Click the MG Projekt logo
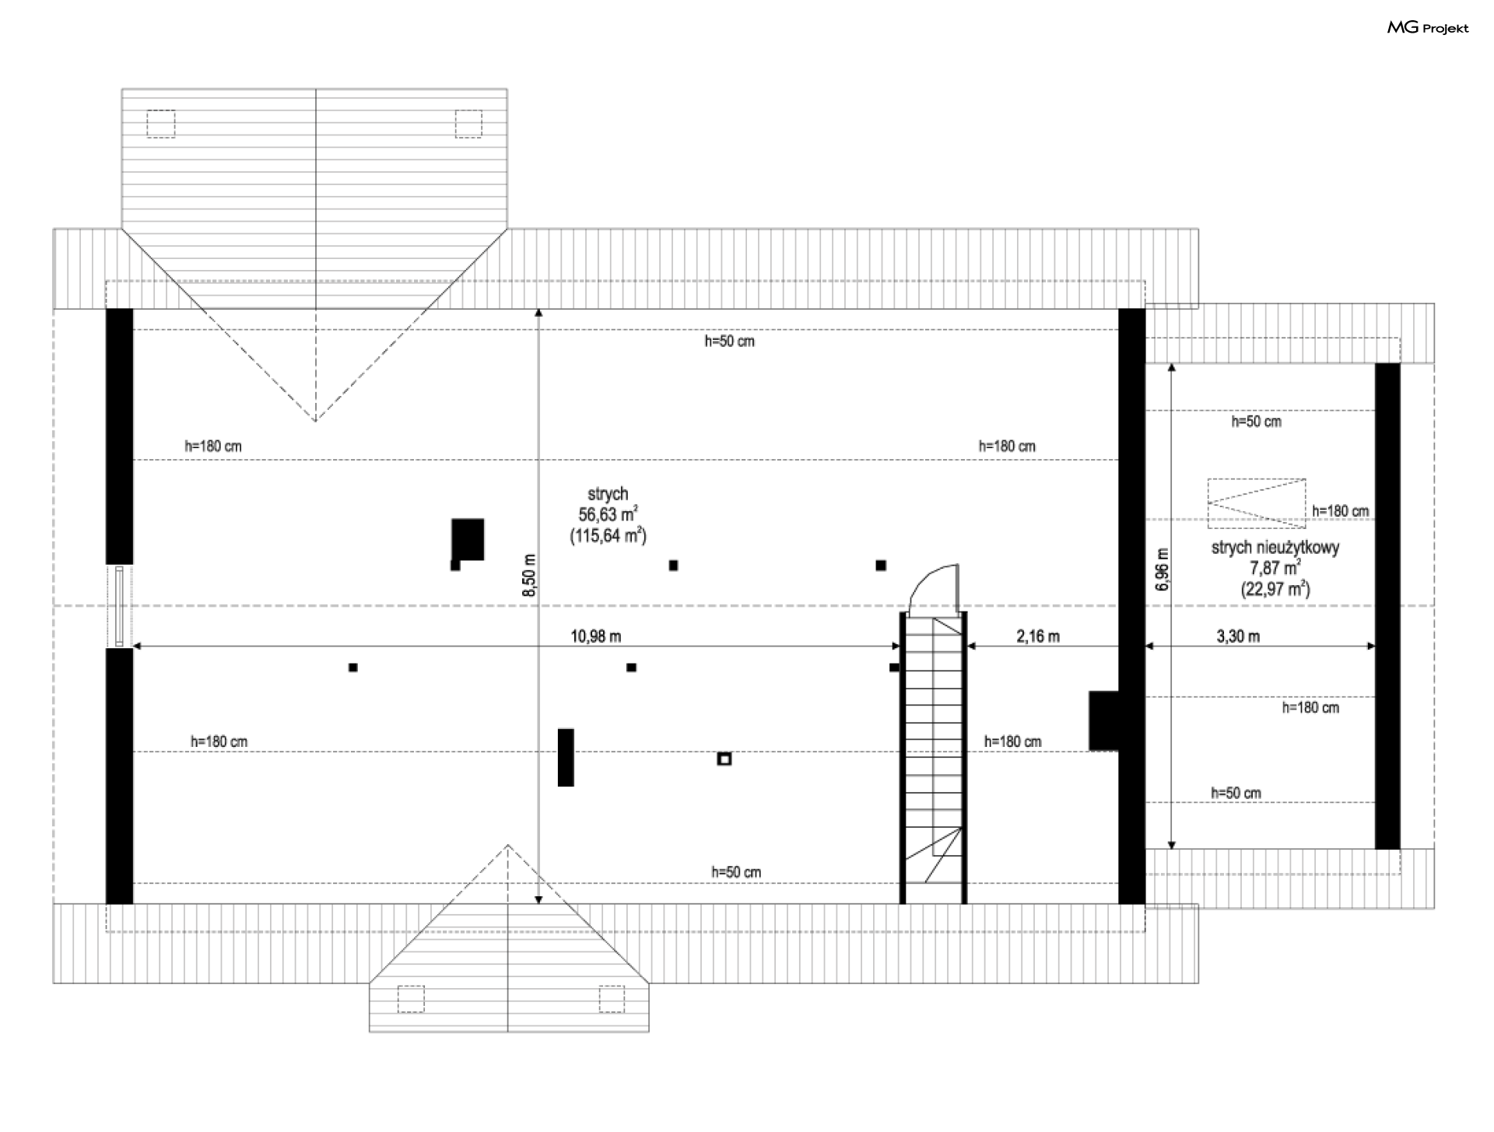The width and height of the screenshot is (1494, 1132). tap(1428, 28)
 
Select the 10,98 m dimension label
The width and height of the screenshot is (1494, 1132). tap(596, 636)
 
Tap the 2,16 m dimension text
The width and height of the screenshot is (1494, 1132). tap(1038, 636)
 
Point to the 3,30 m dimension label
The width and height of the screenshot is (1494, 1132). tap(1238, 636)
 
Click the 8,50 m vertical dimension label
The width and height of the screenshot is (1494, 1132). tap(530, 576)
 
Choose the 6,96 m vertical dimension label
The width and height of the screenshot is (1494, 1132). tap(1163, 570)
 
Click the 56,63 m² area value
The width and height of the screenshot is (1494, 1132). tap(608, 514)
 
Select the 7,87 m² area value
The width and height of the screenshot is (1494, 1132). tap(1275, 568)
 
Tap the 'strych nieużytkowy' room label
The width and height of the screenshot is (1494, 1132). tap(1275, 548)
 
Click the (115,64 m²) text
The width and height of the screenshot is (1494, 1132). tap(608, 535)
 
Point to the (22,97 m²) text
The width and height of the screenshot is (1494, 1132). tap(1275, 589)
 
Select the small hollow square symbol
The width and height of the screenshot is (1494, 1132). tap(724, 759)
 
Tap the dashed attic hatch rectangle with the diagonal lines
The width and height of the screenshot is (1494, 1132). tap(1257, 503)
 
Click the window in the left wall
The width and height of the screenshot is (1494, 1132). tap(119, 606)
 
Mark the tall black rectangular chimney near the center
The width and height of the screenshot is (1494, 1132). tap(566, 757)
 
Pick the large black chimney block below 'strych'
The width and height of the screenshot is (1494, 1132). tap(468, 538)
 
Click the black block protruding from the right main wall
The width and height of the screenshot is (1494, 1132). tap(1103, 720)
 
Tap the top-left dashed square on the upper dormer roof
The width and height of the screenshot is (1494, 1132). tap(161, 124)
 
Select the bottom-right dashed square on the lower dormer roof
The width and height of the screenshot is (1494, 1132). tap(612, 999)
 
